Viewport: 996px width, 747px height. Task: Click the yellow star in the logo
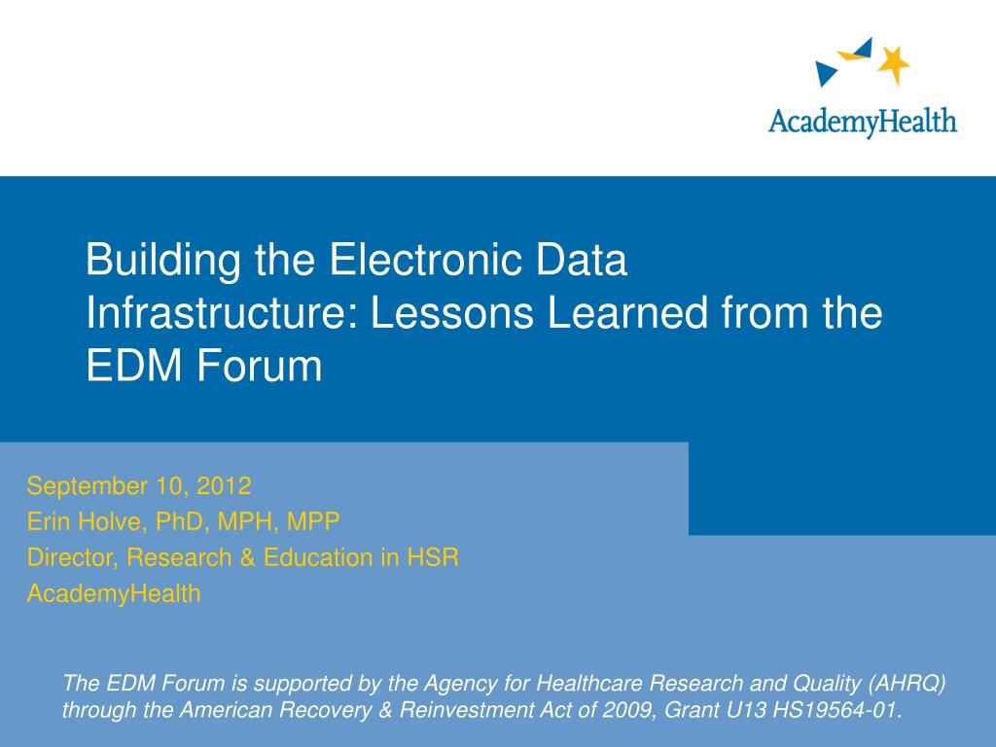point(894,63)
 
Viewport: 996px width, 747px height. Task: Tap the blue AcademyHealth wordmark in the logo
point(862,122)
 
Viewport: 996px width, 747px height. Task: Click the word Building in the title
point(162,261)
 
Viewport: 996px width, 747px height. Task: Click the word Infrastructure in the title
point(219,312)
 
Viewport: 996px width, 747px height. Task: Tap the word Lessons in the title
point(451,312)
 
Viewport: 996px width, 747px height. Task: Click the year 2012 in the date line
point(225,486)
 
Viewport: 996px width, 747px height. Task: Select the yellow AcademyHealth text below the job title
point(114,594)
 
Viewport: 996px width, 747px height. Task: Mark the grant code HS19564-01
point(837,709)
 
